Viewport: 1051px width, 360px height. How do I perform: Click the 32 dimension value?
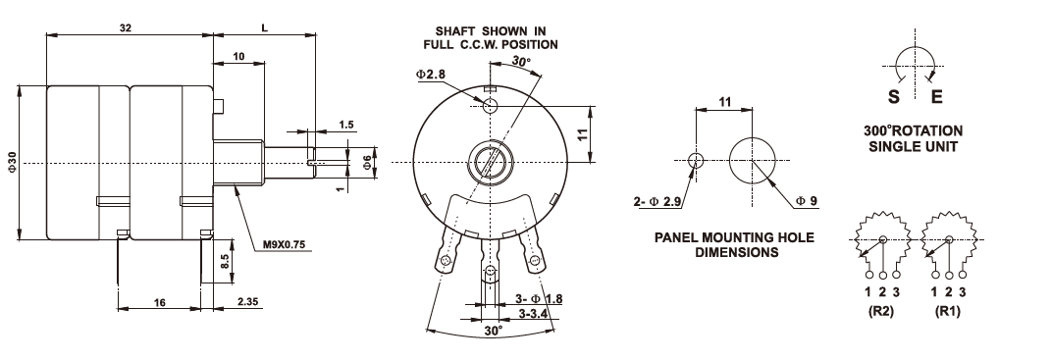(x=125, y=28)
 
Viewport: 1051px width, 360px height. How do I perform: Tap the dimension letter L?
(x=265, y=28)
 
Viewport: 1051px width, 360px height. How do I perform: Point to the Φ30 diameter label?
(x=11, y=163)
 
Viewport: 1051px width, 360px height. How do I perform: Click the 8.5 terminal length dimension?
(x=226, y=261)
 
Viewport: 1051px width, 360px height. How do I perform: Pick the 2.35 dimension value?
(x=248, y=302)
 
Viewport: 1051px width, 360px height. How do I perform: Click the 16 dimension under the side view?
(x=160, y=302)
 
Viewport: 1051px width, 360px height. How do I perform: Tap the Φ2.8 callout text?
(x=431, y=75)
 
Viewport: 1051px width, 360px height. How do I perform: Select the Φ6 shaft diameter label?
(x=367, y=162)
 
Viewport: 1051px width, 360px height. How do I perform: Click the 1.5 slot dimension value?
(x=346, y=124)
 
